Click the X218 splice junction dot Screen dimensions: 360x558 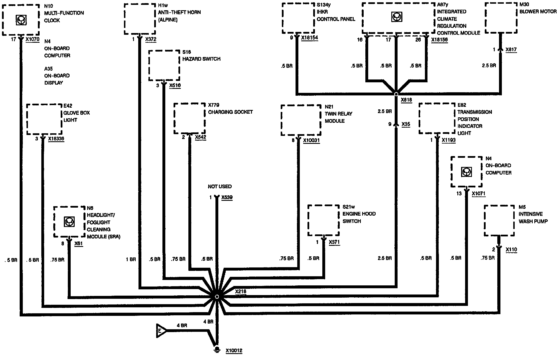click(217, 296)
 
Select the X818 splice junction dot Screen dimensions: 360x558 click(396, 94)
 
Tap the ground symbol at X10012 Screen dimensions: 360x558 click(217, 349)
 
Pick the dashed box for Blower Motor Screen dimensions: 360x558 click(501, 18)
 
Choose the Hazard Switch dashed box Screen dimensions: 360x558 click(164, 66)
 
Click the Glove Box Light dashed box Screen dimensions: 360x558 click(44, 119)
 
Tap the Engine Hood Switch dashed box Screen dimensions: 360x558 click(323, 220)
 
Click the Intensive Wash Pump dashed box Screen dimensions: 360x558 click(499, 221)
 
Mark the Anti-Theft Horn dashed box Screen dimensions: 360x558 click(140, 19)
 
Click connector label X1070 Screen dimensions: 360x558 click(32, 39)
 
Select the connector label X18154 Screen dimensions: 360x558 click(309, 38)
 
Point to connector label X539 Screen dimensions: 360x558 click(227, 197)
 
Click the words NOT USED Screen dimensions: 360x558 click(220, 187)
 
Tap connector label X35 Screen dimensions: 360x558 click(406, 124)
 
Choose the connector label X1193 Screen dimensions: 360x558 click(449, 140)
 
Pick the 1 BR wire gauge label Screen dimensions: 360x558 click(131, 259)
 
